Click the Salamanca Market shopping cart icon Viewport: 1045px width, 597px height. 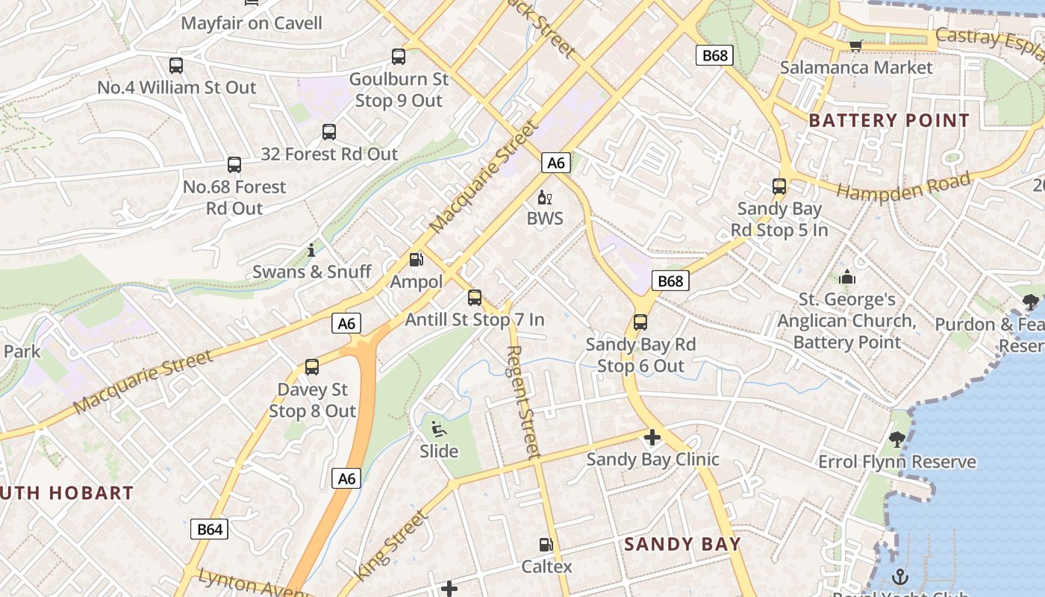click(x=855, y=46)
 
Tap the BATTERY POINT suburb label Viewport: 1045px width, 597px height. click(x=889, y=120)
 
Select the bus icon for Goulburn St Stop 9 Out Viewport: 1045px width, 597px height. click(x=399, y=56)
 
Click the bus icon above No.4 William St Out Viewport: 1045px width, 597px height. click(x=176, y=66)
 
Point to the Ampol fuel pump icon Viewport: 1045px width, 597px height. click(x=416, y=260)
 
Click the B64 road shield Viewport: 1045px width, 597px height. click(x=210, y=529)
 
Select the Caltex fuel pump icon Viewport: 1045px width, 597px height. click(x=546, y=546)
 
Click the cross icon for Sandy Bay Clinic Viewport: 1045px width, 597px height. click(x=652, y=437)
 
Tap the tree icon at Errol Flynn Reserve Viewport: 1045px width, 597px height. click(x=896, y=440)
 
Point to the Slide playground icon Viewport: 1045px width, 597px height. click(x=438, y=429)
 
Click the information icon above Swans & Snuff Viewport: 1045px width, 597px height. click(x=311, y=250)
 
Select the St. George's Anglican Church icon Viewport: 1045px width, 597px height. click(x=846, y=277)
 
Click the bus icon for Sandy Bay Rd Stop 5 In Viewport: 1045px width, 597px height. click(x=779, y=187)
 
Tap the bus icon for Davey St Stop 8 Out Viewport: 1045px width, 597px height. click(x=312, y=367)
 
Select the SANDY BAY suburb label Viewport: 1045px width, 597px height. click(x=682, y=544)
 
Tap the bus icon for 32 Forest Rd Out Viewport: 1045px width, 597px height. click(x=329, y=132)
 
